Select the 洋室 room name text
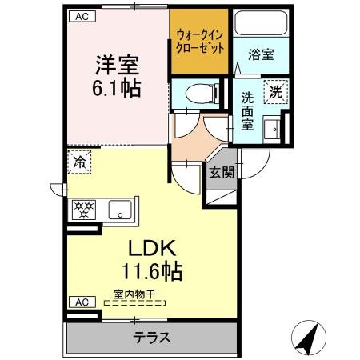click(x=114, y=62)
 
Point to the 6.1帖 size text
click(x=113, y=86)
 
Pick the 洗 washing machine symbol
click(x=275, y=90)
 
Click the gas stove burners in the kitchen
click(x=85, y=210)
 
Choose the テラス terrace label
click(x=152, y=336)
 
